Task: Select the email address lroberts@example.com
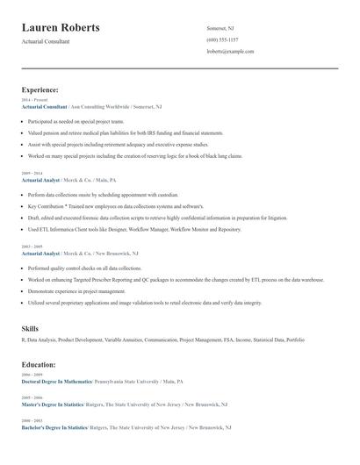click(230, 52)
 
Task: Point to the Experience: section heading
click(40, 89)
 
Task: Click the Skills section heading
click(30, 328)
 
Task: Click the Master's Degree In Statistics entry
click(53, 405)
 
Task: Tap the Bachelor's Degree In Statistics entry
click(54, 427)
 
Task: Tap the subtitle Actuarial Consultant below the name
click(46, 41)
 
